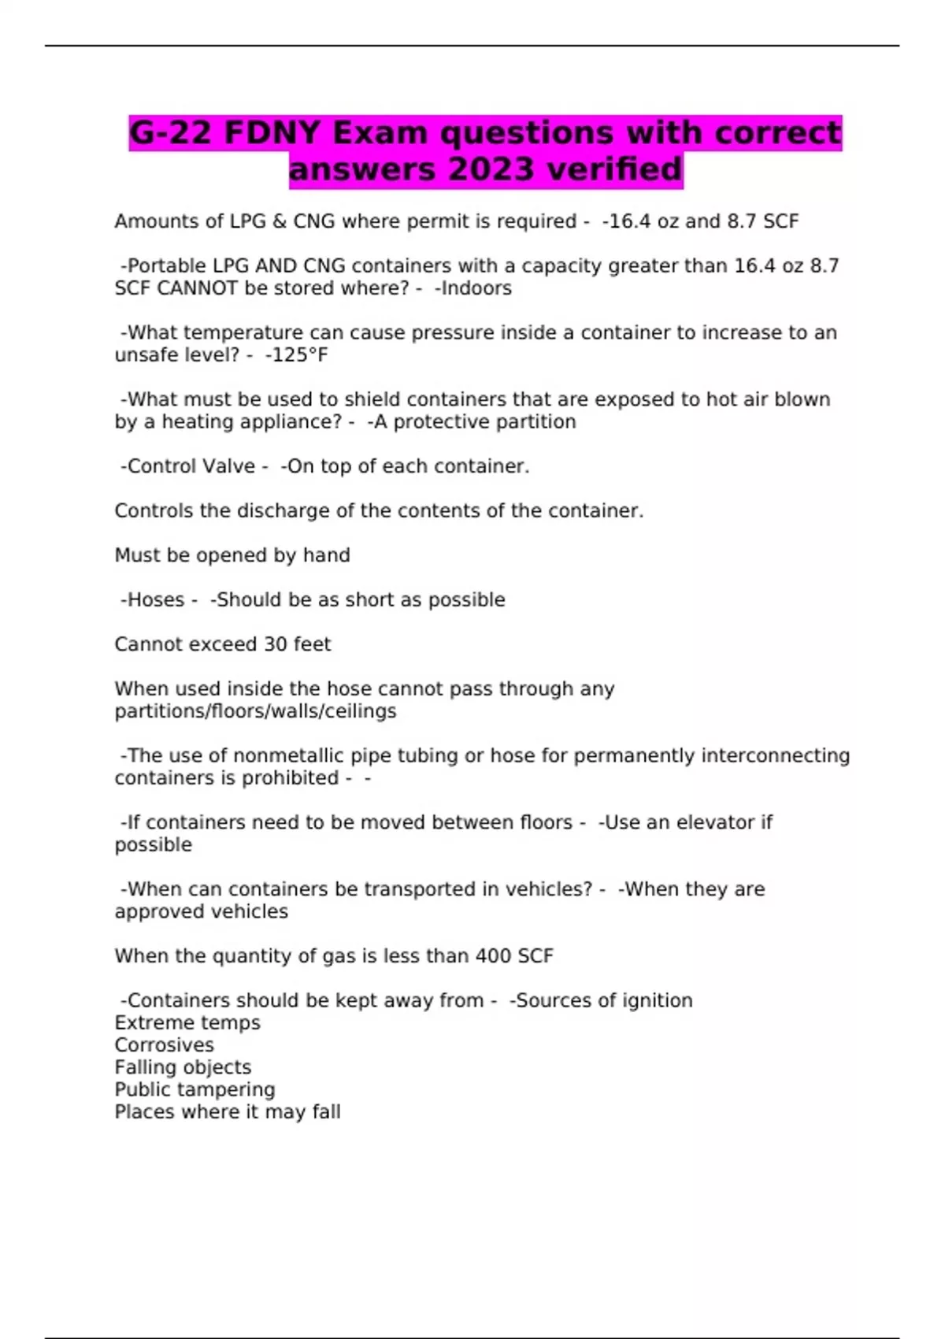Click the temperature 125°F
click(x=299, y=355)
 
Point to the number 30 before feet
click(x=275, y=644)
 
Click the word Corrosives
click(x=164, y=1045)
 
